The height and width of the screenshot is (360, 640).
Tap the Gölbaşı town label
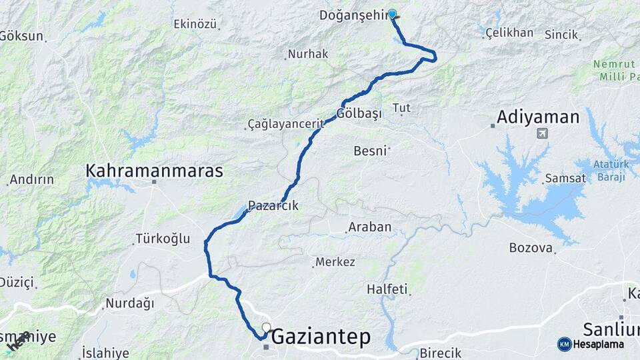(360, 113)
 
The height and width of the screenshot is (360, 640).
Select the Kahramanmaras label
(154, 171)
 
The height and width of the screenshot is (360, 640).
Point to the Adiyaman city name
(538, 118)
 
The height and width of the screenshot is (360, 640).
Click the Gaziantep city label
(321, 337)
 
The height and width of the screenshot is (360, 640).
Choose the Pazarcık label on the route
(273, 206)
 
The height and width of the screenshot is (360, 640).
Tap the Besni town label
(370, 151)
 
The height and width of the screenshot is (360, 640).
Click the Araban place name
(370, 227)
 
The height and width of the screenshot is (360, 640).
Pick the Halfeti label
(387, 290)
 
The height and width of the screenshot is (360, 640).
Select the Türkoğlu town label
(163, 238)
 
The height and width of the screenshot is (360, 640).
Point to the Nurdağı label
(129, 304)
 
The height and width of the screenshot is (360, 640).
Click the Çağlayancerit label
(286, 124)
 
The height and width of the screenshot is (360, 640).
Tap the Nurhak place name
(307, 54)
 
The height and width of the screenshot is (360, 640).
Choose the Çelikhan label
(509, 33)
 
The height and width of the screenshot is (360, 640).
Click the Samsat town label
(565, 179)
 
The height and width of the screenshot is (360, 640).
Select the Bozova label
(531, 248)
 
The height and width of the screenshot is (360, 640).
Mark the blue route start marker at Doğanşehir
(392, 14)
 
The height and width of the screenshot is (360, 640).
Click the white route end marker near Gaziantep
(267, 327)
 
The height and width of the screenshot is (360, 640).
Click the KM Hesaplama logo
(591, 344)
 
